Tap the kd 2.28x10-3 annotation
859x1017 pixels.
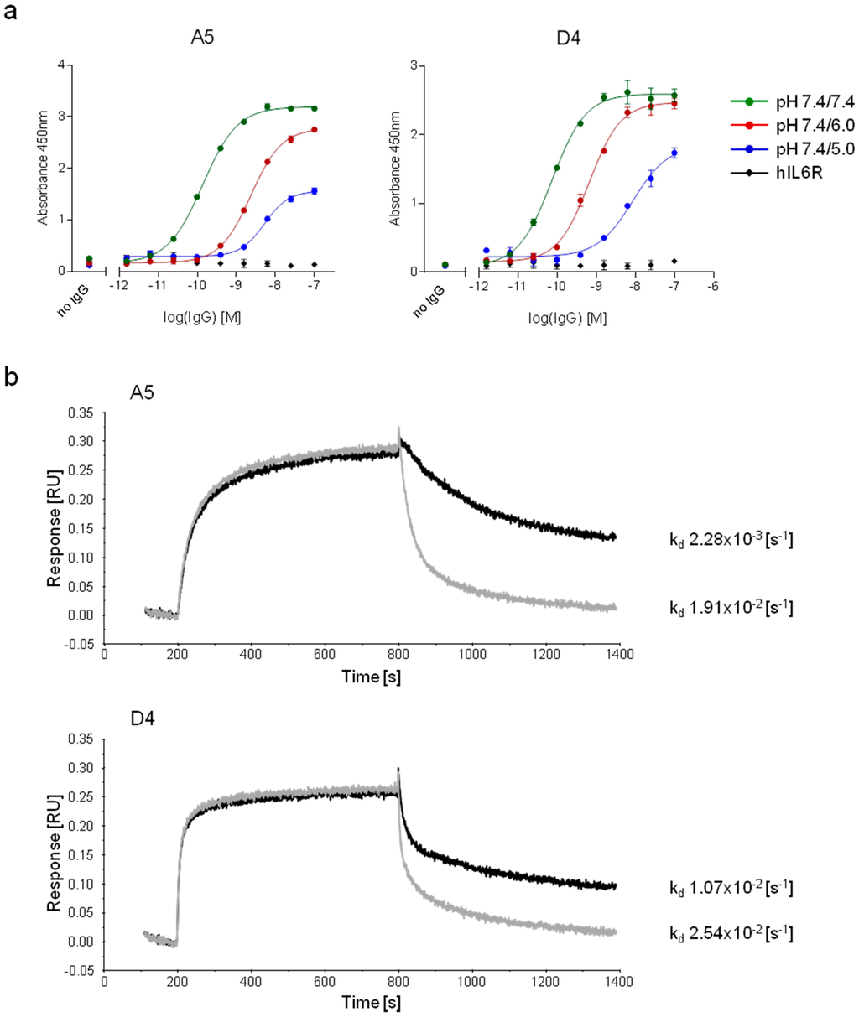point(731,539)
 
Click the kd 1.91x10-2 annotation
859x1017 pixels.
point(731,608)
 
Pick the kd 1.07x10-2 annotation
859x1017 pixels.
point(731,887)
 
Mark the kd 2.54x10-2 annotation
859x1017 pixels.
point(731,931)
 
